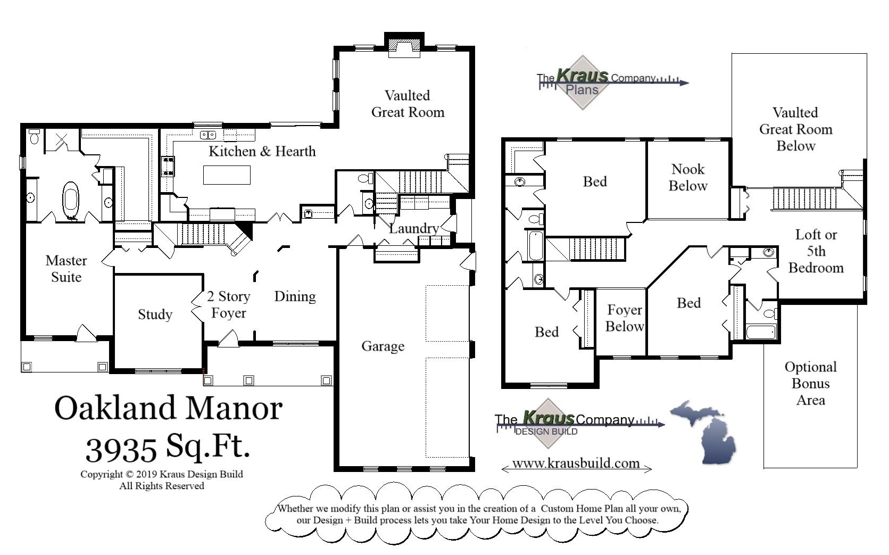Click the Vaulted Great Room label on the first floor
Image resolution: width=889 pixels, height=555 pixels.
pyautogui.click(x=408, y=104)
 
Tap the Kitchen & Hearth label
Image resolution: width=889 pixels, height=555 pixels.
pyautogui.click(x=262, y=152)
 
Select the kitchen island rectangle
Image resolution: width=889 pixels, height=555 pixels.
pyautogui.click(x=227, y=175)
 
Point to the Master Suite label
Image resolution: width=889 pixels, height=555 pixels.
pyautogui.click(x=66, y=269)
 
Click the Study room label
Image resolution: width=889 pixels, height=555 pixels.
pyautogui.click(x=155, y=314)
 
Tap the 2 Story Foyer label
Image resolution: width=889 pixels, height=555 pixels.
pyautogui.click(x=228, y=304)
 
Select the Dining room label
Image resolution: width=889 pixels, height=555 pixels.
pyautogui.click(x=295, y=296)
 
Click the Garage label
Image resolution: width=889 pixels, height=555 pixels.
pyautogui.click(x=383, y=346)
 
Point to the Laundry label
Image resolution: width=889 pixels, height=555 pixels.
pyautogui.click(x=413, y=229)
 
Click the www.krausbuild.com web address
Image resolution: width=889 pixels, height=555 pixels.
pyautogui.click(x=576, y=463)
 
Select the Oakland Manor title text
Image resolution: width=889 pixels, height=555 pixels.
pyautogui.click(x=168, y=409)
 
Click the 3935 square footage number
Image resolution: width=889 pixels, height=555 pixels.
pyautogui.click(x=121, y=450)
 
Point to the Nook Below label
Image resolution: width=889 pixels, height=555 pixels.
pyautogui.click(x=688, y=178)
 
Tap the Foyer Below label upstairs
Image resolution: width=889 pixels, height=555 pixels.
pyautogui.click(x=625, y=318)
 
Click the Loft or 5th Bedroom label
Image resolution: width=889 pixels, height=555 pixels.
pyautogui.click(x=816, y=251)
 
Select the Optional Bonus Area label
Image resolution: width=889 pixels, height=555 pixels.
pyautogui.click(x=810, y=383)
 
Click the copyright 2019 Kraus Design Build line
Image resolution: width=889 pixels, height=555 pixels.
pyautogui.click(x=161, y=474)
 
